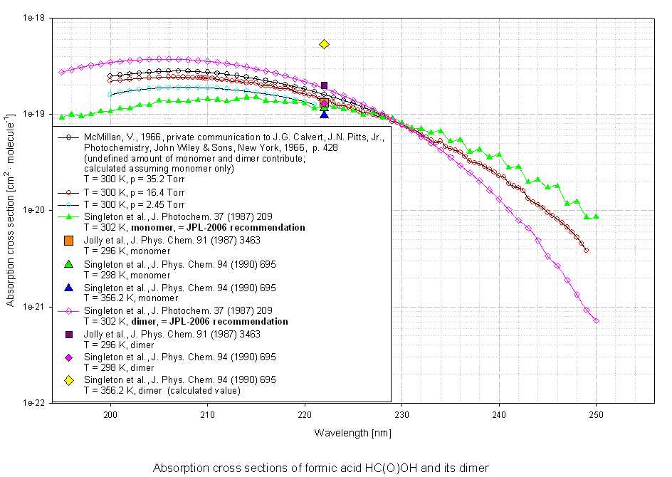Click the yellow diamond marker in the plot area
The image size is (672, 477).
[x=324, y=44]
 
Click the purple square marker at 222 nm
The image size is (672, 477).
[x=324, y=85]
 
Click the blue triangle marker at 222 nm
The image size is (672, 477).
[x=324, y=114]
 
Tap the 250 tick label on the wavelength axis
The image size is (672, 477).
[x=596, y=414]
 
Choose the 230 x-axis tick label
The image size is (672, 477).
[x=402, y=414]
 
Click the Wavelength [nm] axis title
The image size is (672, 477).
[x=353, y=432]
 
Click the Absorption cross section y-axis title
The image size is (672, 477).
[x=11, y=210]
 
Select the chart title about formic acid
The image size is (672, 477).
[x=321, y=467]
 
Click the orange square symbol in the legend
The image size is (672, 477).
[x=69, y=241]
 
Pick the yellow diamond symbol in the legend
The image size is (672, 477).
[x=69, y=380]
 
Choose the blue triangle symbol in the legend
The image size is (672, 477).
[x=69, y=287]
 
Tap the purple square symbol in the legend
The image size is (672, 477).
[x=69, y=334]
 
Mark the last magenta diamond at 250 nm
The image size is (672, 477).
[x=596, y=321]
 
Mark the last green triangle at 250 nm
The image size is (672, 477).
[x=596, y=216]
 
